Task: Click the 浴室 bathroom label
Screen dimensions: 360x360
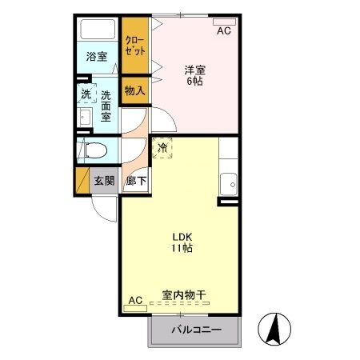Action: click(x=95, y=58)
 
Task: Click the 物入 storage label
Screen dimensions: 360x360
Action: click(x=135, y=91)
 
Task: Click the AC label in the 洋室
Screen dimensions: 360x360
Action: click(x=224, y=30)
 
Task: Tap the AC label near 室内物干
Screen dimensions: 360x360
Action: click(x=134, y=300)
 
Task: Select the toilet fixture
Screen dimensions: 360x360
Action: click(x=90, y=150)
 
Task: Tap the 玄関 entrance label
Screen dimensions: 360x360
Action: click(x=104, y=181)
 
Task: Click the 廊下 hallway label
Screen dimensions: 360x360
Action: click(x=136, y=181)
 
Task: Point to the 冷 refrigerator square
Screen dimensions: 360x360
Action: click(x=162, y=147)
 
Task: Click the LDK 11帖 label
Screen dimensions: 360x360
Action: click(x=180, y=242)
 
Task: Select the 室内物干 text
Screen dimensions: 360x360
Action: click(x=184, y=296)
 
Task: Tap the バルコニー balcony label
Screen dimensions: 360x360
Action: click(x=195, y=330)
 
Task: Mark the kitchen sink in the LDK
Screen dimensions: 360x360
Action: click(x=230, y=183)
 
